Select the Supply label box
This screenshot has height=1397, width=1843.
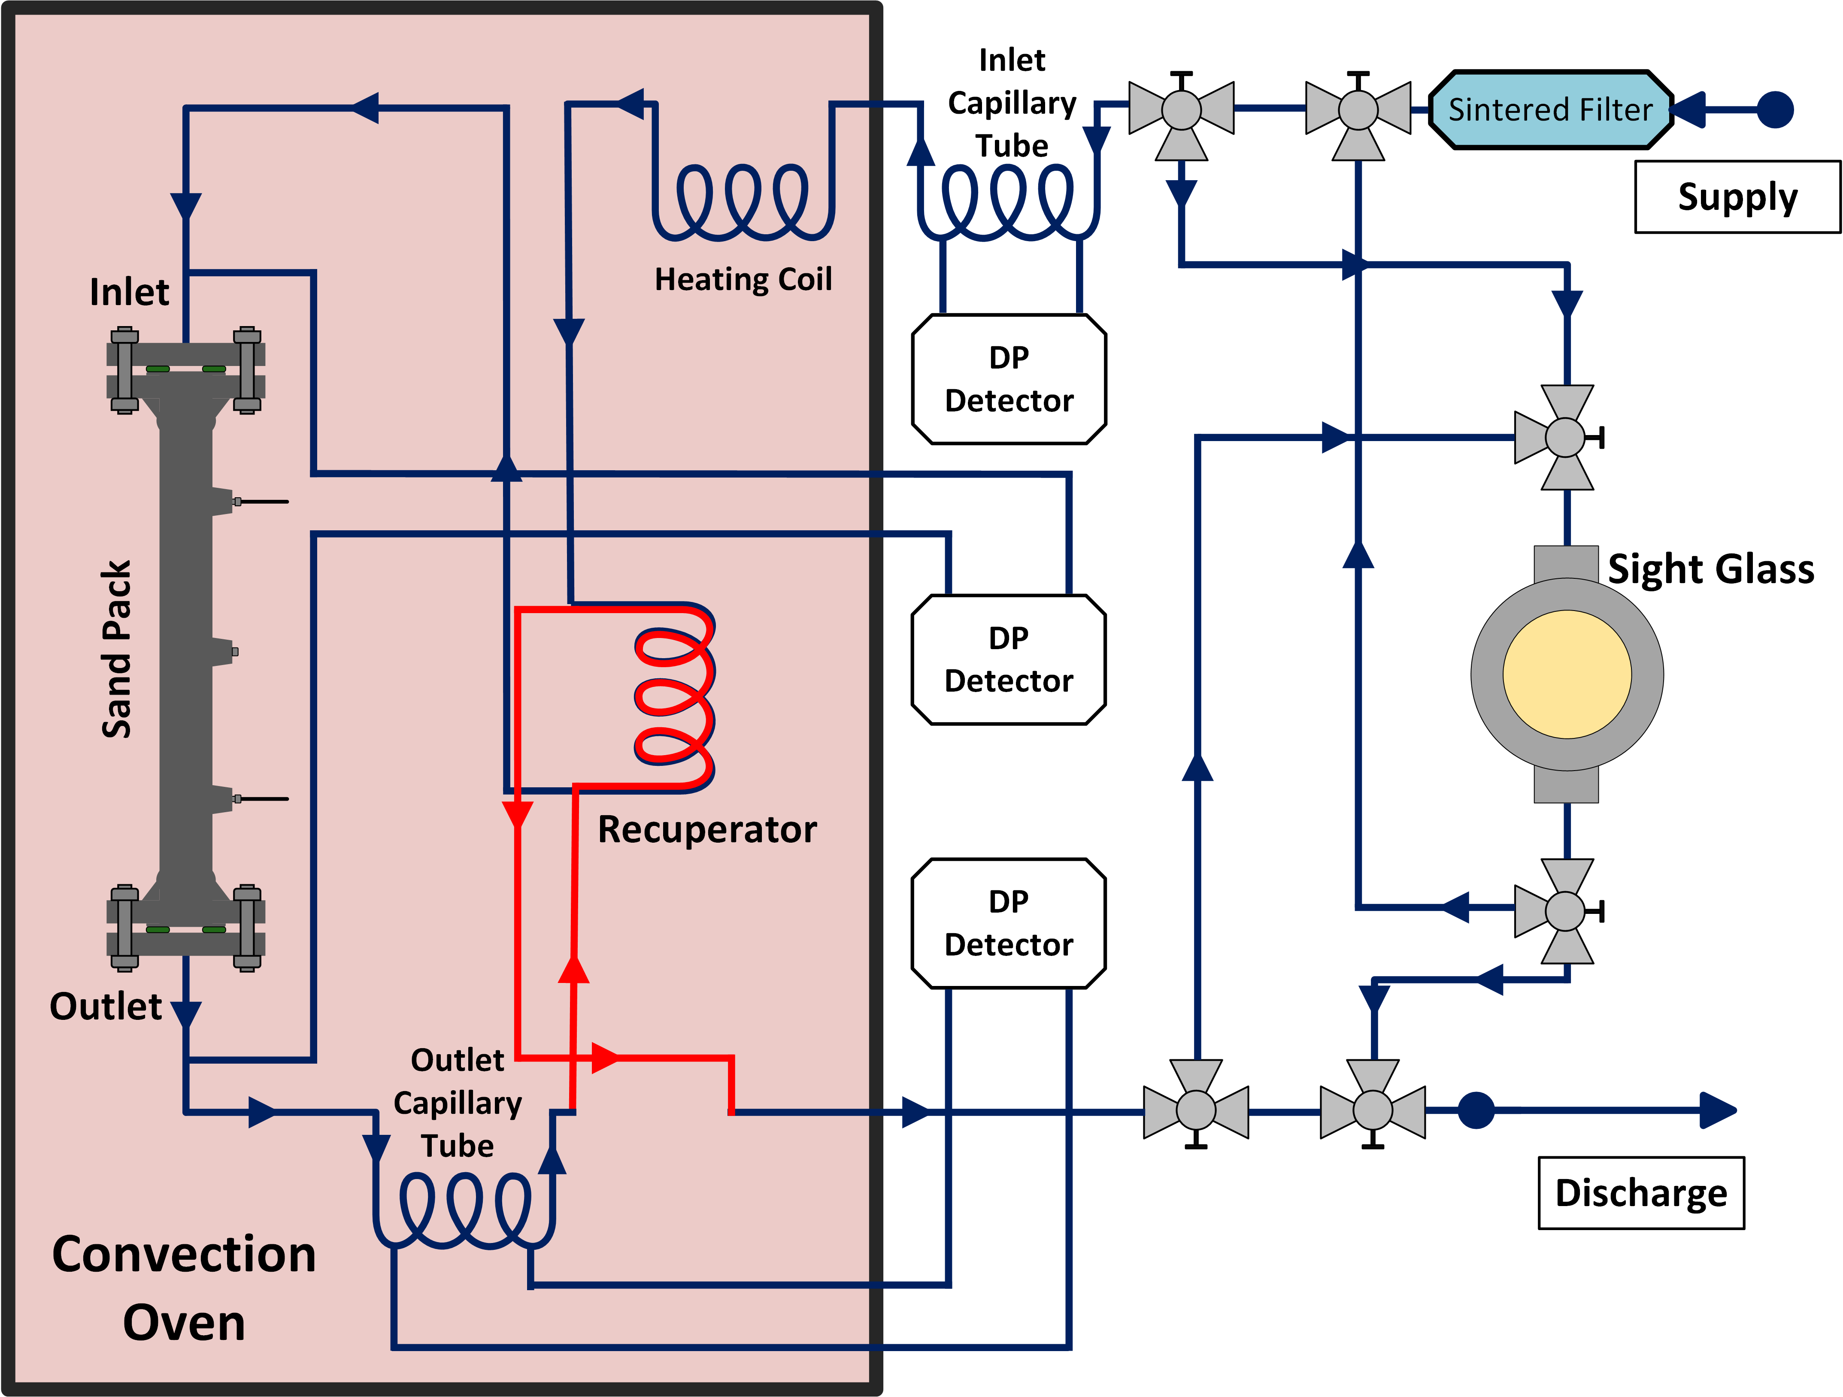[1737, 197]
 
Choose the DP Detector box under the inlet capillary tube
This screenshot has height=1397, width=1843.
[1008, 379]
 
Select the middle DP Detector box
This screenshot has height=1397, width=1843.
[1008, 660]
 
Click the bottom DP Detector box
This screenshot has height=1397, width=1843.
[1008, 923]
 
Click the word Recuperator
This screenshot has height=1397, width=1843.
[706, 830]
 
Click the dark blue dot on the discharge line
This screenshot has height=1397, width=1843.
[1476, 1110]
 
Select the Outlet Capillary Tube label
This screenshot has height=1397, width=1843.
[458, 1103]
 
